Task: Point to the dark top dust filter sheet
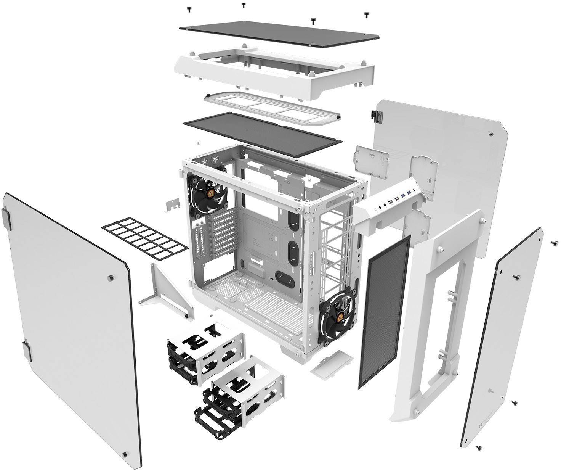click(x=262, y=134)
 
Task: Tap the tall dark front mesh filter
click(x=384, y=311)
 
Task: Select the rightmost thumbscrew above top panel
click(x=367, y=15)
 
